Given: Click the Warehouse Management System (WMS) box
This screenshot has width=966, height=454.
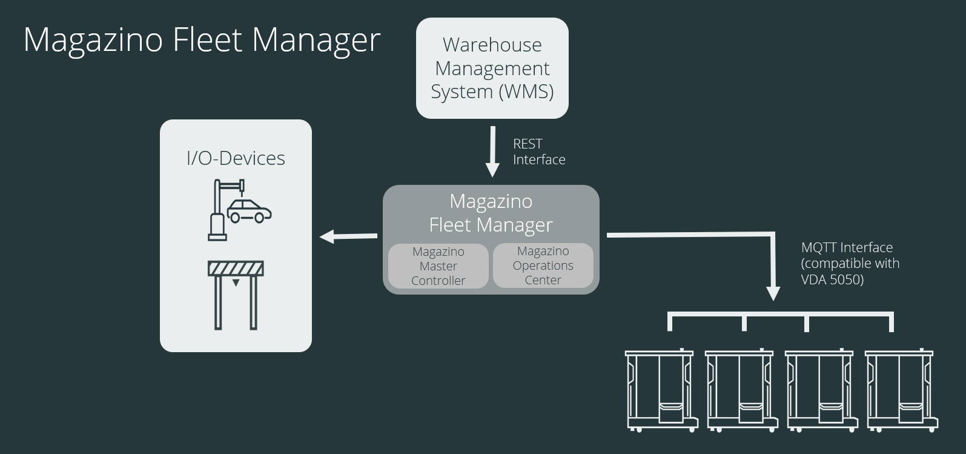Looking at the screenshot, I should click(492, 68).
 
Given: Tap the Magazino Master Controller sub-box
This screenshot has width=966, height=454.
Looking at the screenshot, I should click(438, 266).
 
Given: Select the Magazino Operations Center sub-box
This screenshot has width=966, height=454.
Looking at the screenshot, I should click(543, 265).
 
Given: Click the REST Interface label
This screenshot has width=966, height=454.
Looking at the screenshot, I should click(538, 152).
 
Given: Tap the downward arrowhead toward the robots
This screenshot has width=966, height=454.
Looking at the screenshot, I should click(773, 293).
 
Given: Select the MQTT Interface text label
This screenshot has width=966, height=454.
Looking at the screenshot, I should click(847, 247).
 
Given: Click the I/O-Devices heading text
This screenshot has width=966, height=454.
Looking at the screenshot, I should click(236, 158).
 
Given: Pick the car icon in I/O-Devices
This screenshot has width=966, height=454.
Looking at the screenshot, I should click(249, 212).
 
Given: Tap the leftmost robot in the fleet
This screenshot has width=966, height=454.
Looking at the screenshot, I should click(661, 390).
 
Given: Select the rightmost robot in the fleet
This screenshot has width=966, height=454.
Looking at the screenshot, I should click(901, 390).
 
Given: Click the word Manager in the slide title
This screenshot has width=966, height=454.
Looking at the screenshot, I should click(316, 40).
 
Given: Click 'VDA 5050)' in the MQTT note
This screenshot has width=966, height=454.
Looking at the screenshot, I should click(832, 279).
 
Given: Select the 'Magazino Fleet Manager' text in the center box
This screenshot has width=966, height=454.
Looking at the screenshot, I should click(491, 213).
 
